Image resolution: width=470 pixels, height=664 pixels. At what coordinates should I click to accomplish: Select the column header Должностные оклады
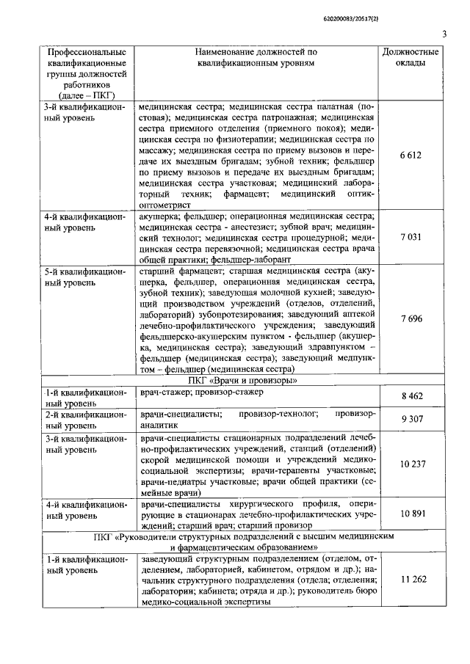(x=411, y=58)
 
